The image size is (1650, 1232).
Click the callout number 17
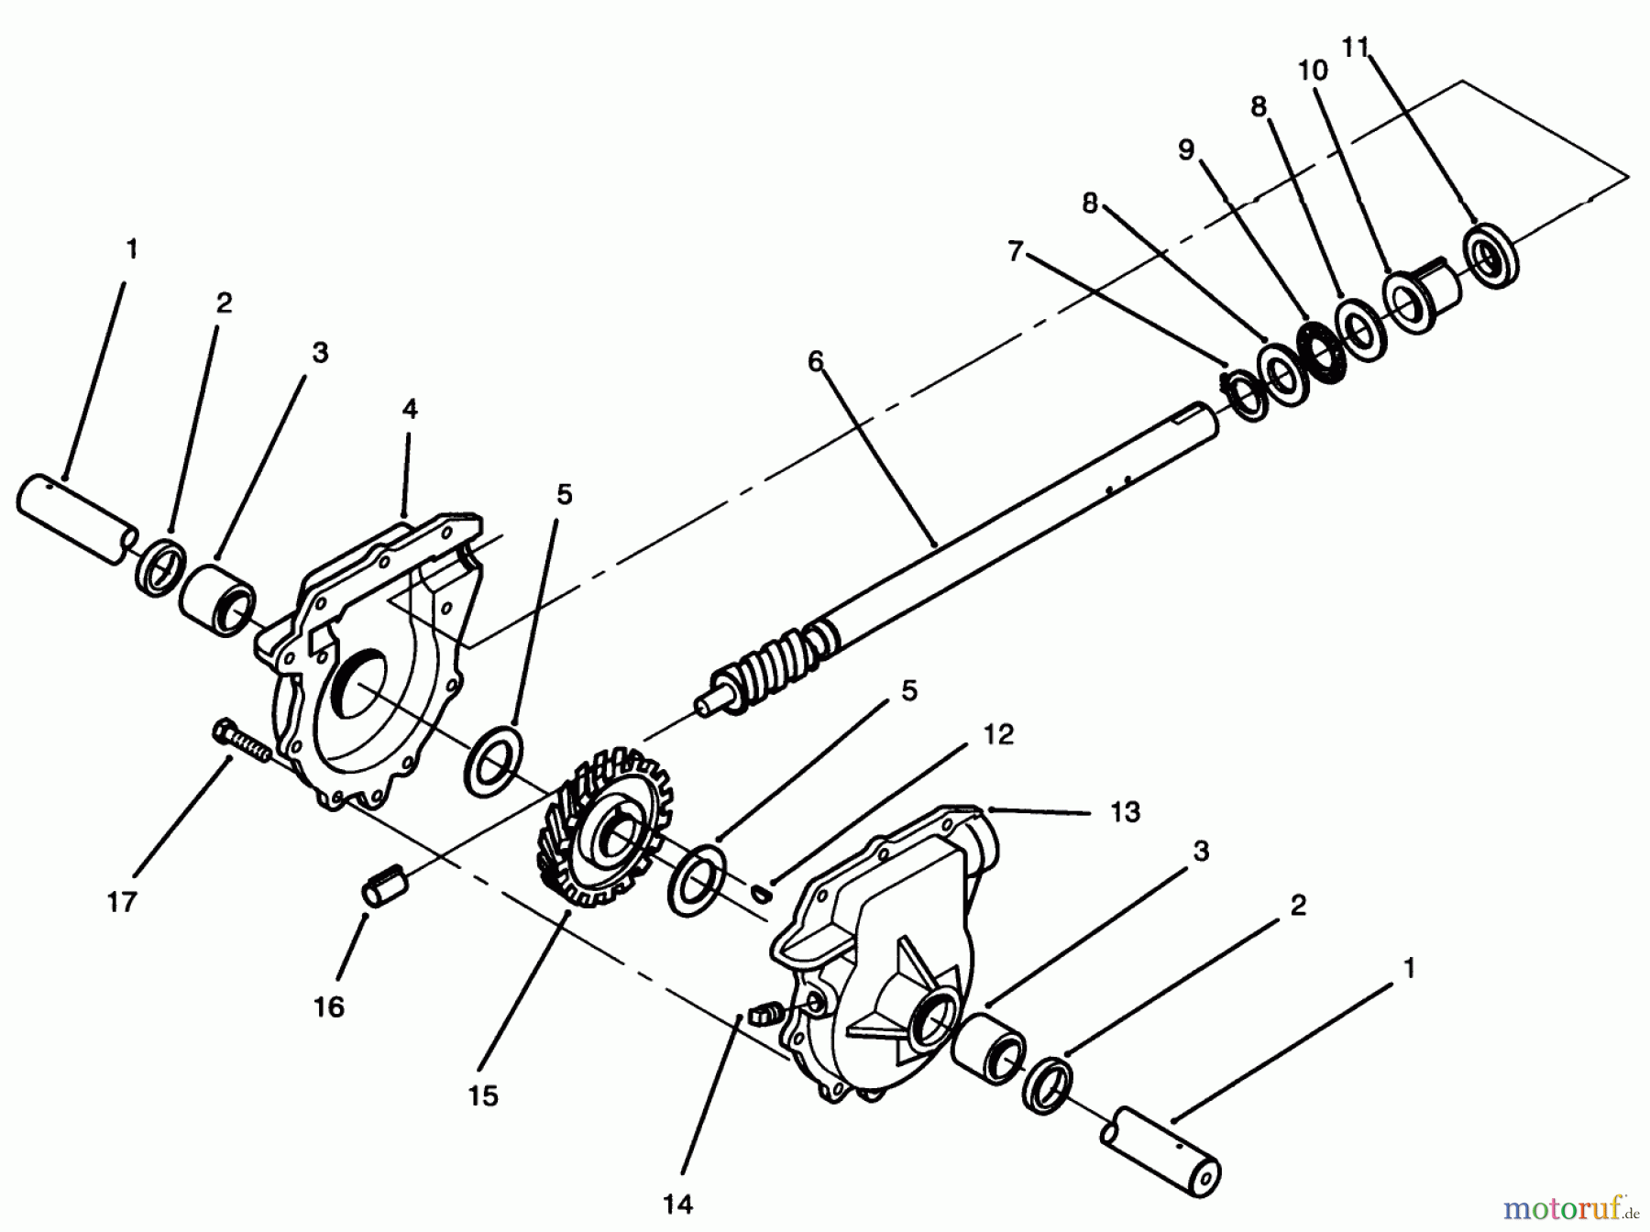[x=121, y=901]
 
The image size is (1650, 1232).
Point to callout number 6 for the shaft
[x=816, y=361]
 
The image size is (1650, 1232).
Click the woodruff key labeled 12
[x=760, y=891]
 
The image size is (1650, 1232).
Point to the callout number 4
[x=409, y=409]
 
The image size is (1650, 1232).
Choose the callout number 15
[x=483, y=1095]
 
